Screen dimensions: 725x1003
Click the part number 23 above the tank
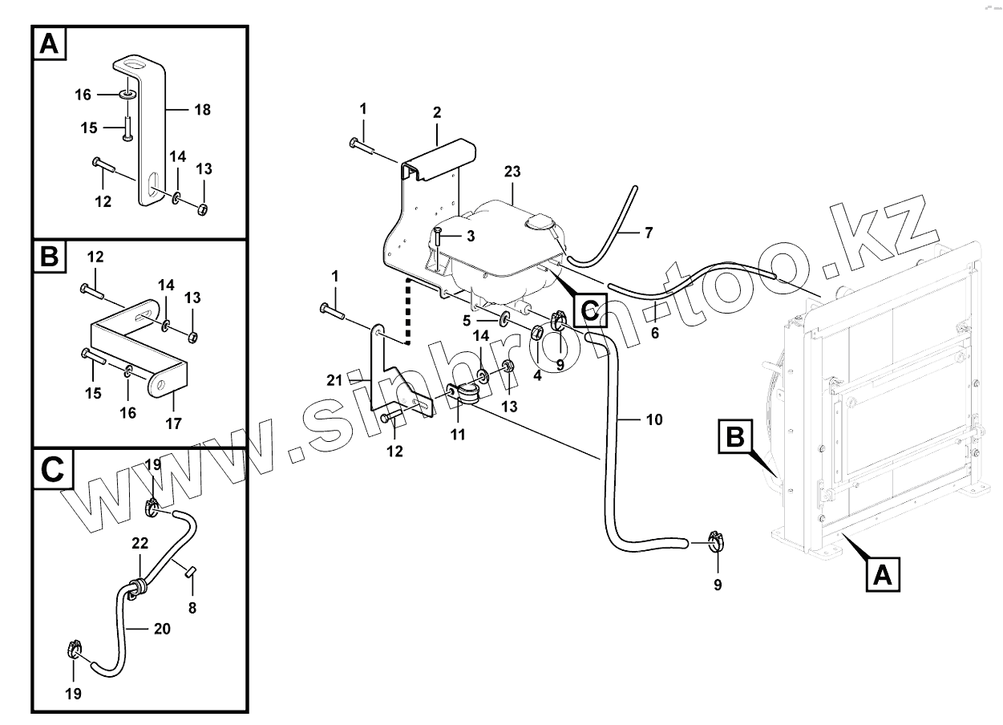point(513,171)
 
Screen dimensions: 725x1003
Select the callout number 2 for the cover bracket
point(437,113)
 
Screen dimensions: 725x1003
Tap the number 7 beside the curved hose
point(648,233)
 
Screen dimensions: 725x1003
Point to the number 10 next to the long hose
point(654,419)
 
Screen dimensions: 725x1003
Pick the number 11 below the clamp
point(458,434)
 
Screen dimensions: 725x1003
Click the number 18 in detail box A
point(202,109)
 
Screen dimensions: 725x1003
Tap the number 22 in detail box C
point(140,544)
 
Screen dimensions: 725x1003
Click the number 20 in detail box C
point(162,629)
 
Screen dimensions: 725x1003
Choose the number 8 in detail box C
point(192,608)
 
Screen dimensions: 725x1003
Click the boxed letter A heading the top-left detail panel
point(50,45)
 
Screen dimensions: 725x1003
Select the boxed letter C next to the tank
point(589,310)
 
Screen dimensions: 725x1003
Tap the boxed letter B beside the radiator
point(735,438)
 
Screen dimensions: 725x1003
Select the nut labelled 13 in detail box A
point(204,210)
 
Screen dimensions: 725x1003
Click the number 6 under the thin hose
point(655,333)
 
